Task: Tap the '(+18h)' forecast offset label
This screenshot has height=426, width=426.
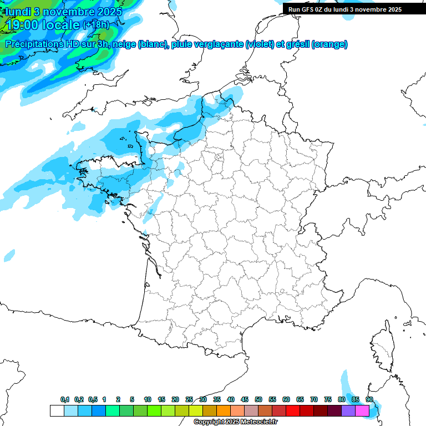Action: click(96, 24)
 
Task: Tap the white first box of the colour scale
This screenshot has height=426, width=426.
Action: click(57, 411)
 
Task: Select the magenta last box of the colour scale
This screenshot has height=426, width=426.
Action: click(362, 411)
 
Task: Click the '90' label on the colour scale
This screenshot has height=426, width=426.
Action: click(369, 400)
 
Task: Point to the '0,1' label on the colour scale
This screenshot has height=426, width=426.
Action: click(65, 400)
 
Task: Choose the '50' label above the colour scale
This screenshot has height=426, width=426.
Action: click(258, 400)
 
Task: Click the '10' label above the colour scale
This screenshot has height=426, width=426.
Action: click(148, 400)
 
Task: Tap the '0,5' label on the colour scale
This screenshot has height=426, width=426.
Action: click(93, 400)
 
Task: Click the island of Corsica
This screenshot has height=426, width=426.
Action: click(382, 347)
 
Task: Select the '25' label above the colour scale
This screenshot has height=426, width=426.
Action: click(189, 400)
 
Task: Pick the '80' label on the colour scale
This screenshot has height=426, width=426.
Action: click(342, 400)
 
